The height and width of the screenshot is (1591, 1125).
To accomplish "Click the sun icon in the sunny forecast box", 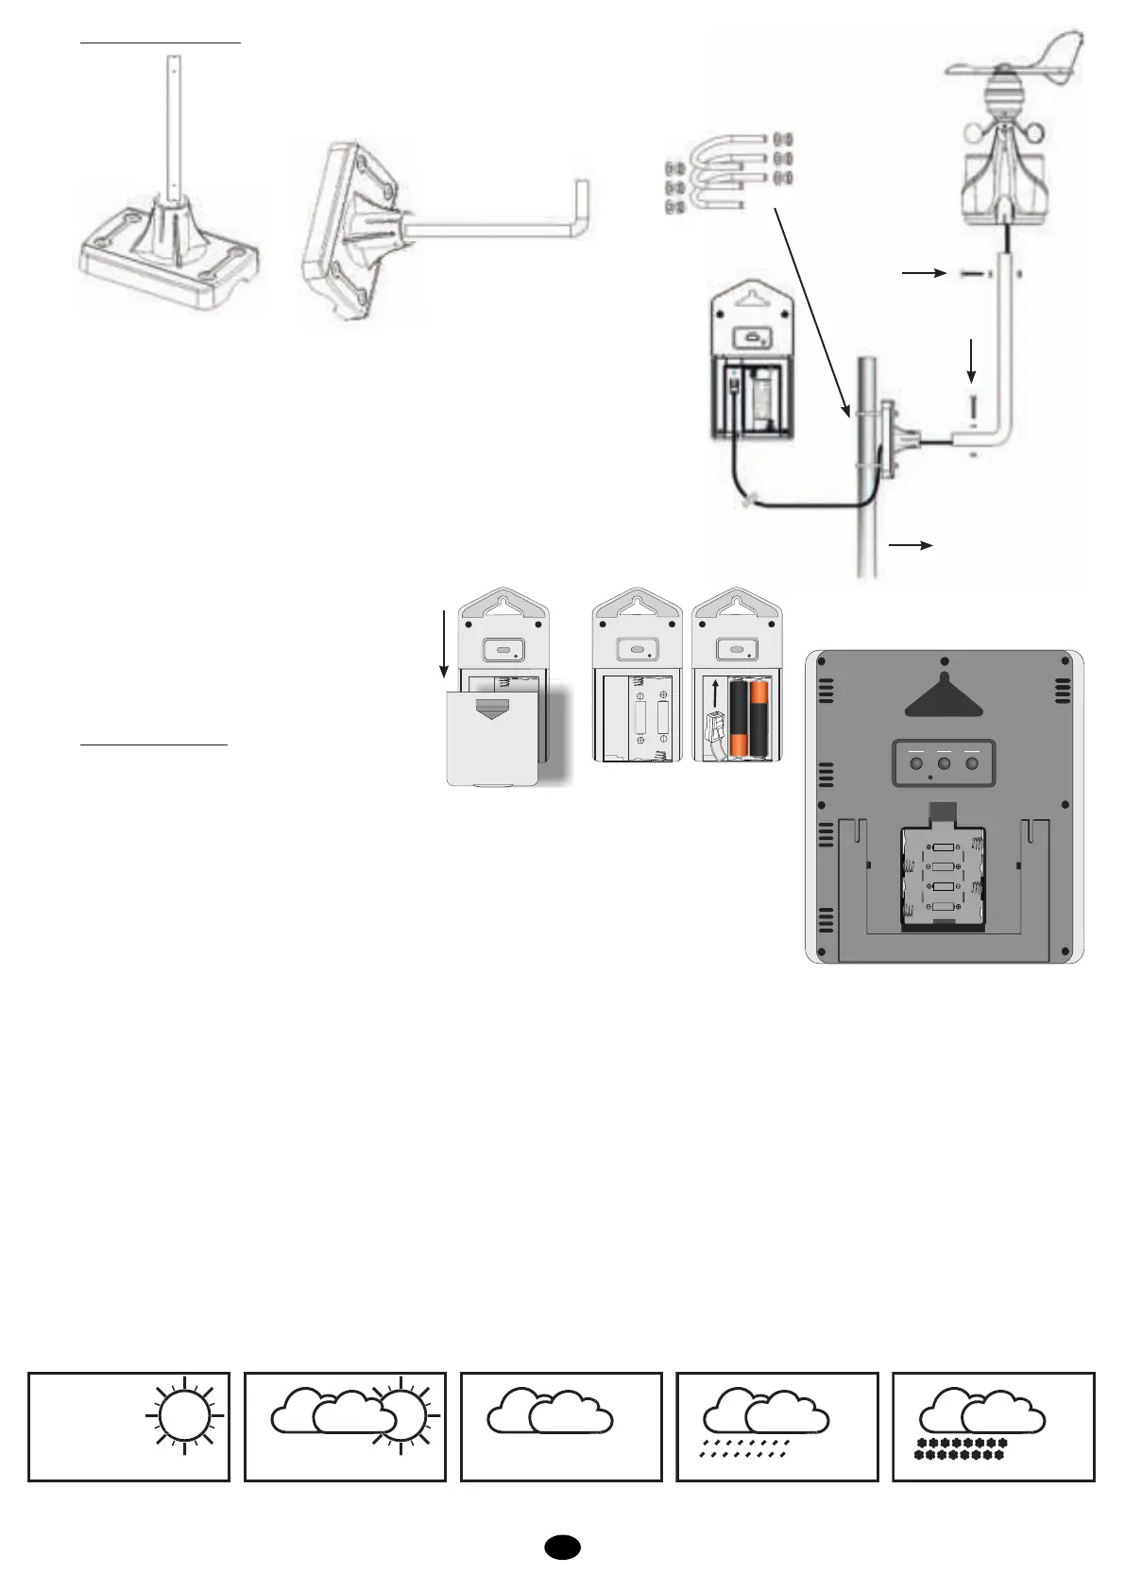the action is pos(184,1415).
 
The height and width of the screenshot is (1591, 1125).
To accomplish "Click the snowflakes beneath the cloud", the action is pos(959,1448).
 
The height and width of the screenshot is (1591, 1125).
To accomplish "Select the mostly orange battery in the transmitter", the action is pos(761,719).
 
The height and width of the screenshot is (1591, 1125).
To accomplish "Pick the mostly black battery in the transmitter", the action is pos(739,719).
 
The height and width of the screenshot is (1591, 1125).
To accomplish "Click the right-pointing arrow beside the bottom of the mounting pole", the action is pos(911,545).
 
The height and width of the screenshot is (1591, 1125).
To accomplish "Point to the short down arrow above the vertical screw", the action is pos(972,360).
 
